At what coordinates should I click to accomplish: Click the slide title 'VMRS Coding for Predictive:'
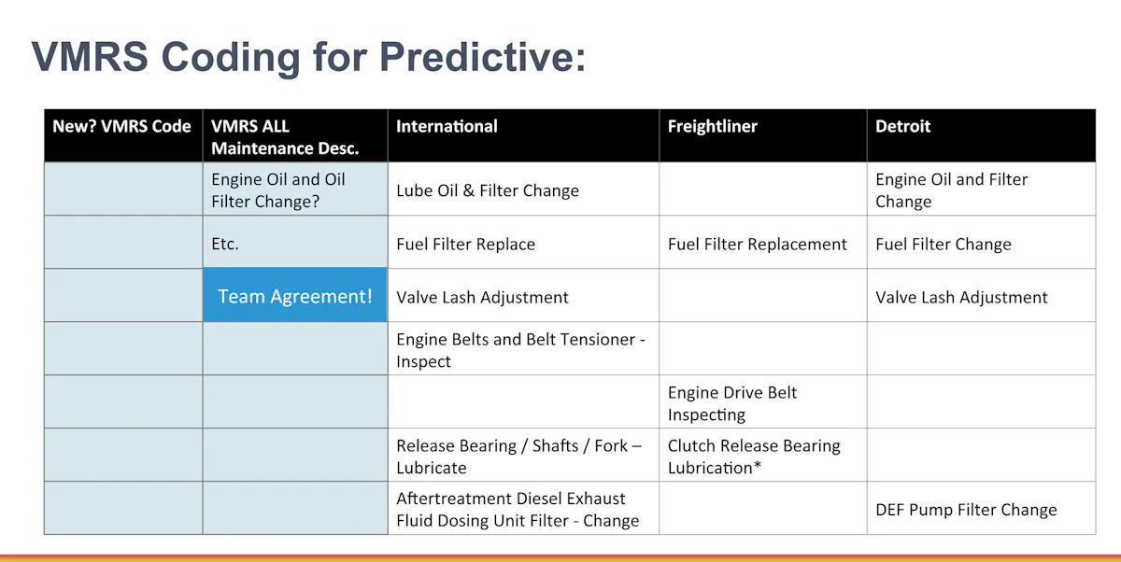tap(309, 57)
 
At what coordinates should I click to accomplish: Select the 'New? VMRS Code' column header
tap(122, 127)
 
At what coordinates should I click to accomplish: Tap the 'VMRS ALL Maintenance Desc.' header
tap(285, 137)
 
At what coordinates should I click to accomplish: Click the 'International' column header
tap(447, 127)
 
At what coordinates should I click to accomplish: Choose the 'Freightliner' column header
tap(712, 127)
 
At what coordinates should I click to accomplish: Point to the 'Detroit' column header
tap(902, 127)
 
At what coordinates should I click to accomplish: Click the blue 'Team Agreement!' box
tap(295, 296)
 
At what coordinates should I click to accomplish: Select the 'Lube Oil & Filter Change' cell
tap(488, 190)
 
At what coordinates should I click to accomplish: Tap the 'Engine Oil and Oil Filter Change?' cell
tap(278, 190)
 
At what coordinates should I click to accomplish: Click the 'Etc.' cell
tap(225, 244)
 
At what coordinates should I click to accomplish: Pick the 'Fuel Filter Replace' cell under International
tap(465, 245)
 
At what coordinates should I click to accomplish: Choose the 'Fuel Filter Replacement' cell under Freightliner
tap(757, 245)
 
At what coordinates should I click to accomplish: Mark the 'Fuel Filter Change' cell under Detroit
tap(943, 245)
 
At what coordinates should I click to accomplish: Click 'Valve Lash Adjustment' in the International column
tap(482, 298)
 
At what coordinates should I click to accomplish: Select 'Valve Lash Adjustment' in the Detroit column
tap(961, 298)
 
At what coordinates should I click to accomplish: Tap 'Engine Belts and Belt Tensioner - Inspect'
tap(520, 350)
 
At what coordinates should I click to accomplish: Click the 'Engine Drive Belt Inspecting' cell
tap(732, 403)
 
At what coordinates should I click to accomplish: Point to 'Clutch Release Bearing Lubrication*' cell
tap(754, 457)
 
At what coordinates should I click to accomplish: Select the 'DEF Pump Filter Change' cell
tap(966, 510)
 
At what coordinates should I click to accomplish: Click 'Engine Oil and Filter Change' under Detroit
tap(951, 190)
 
